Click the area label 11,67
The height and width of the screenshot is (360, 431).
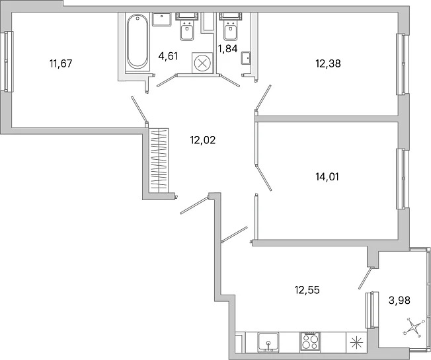coord(61,63)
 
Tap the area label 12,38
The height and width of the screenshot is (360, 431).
coord(328,63)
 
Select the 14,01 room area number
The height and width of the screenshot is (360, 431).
coord(327,177)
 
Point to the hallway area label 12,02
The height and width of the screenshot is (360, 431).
coord(202,140)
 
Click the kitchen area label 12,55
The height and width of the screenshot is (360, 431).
coord(307,290)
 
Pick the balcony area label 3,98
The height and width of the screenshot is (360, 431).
coord(399,300)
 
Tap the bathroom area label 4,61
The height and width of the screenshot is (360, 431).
coord(168,56)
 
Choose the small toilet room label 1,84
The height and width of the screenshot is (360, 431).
coord(227,49)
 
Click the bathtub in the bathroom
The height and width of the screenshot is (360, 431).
coord(137,42)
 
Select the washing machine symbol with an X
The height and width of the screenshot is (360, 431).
coord(202,63)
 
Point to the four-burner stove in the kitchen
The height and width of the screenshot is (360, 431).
coord(310,342)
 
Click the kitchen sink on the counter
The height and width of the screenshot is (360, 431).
coord(268,342)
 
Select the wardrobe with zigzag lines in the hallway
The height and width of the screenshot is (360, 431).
coord(159,161)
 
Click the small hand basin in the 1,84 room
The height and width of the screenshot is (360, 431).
coord(246,58)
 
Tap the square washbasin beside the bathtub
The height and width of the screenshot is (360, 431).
coord(162,19)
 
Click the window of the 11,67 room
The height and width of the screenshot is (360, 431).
coord(8,61)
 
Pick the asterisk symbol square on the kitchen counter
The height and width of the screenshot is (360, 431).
coord(356,342)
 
